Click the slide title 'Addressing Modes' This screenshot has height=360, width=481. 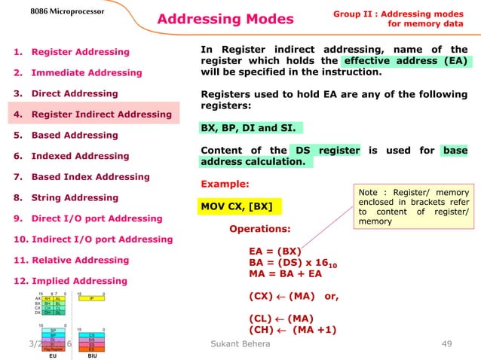[225, 19]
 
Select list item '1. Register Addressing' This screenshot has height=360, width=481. [72, 52]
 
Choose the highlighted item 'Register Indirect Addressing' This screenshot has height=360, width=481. [93, 114]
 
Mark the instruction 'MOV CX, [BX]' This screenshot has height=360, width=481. [237, 206]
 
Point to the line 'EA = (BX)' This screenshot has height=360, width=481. [275, 251]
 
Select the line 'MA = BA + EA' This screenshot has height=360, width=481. [285, 275]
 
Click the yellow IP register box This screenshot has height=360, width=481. [90, 298]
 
